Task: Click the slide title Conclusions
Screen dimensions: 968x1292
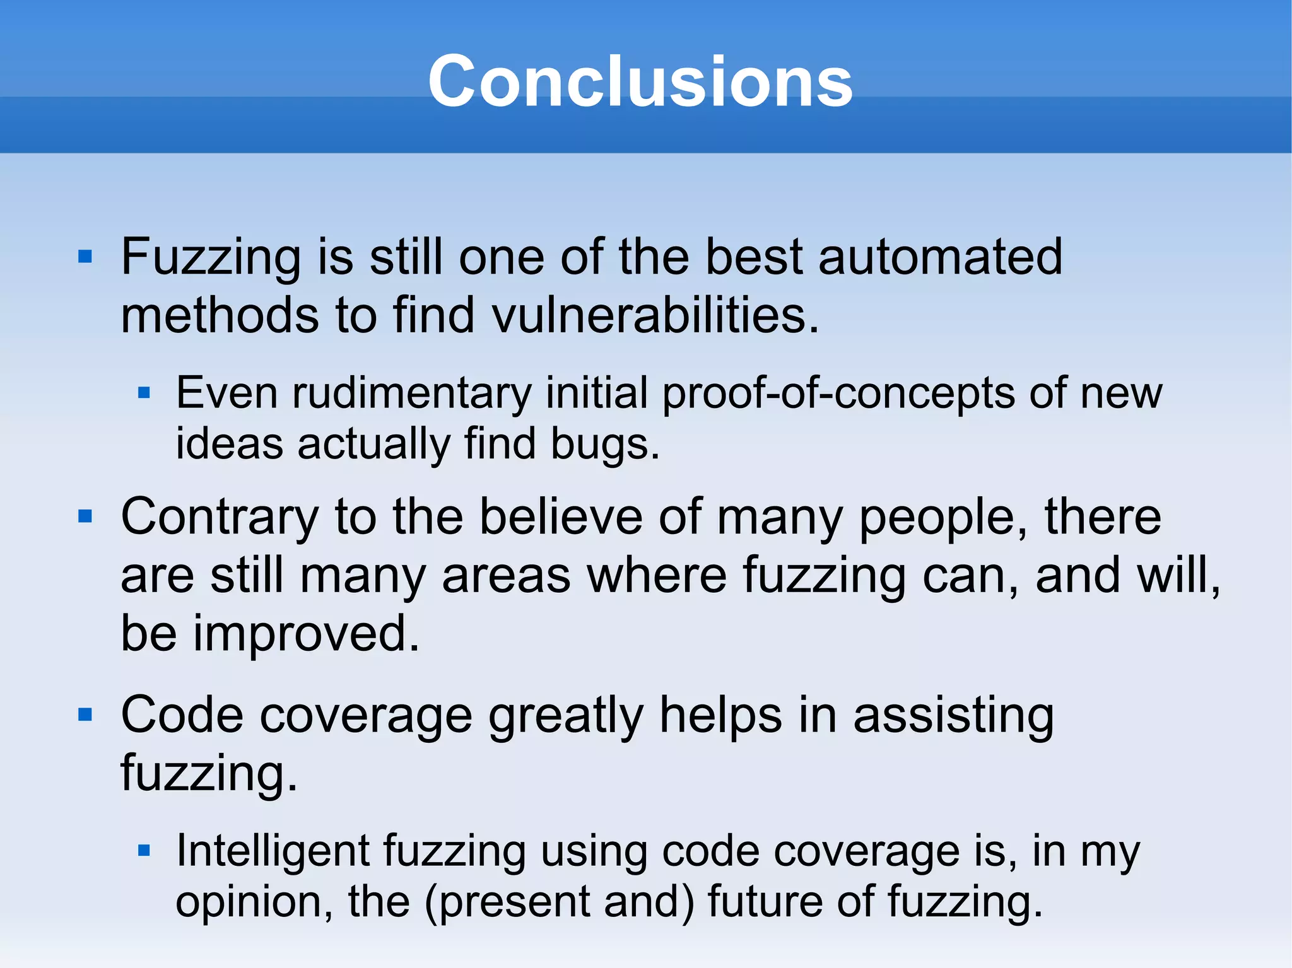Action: point(640,81)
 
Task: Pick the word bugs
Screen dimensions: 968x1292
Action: point(604,445)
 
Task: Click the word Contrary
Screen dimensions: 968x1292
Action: point(220,518)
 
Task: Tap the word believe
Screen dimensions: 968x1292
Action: point(560,518)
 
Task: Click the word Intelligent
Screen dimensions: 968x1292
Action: point(272,851)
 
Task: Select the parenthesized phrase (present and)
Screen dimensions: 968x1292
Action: point(559,902)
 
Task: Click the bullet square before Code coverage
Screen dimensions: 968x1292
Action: point(85,714)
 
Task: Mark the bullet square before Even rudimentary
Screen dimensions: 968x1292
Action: point(144,394)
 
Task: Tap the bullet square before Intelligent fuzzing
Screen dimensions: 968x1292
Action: point(144,851)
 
